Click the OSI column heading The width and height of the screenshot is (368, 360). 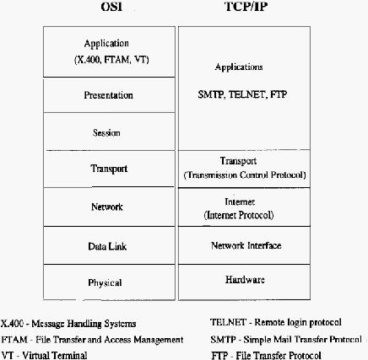click(x=111, y=7)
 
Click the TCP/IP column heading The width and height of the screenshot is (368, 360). click(x=246, y=7)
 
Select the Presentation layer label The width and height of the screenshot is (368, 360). click(x=108, y=95)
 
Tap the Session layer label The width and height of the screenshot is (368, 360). click(x=106, y=132)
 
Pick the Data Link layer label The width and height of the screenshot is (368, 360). click(x=107, y=246)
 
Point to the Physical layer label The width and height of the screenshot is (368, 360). click(x=105, y=282)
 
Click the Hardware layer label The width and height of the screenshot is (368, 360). click(x=245, y=280)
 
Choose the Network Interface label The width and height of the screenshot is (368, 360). click(x=246, y=245)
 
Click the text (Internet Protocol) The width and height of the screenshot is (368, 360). click(x=239, y=215)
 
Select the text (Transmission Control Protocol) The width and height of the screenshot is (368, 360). click(x=245, y=175)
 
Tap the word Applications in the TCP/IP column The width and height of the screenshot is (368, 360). click(x=239, y=67)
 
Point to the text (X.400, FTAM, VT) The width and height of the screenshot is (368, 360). click(x=111, y=60)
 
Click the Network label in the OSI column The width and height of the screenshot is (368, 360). click(x=107, y=207)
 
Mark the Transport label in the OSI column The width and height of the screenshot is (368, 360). click(x=109, y=169)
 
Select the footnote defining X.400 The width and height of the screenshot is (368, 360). click(x=68, y=324)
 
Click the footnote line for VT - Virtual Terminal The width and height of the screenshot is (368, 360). click(x=44, y=355)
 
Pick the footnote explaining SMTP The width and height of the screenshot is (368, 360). click(x=286, y=339)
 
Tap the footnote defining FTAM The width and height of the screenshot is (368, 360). click(x=92, y=340)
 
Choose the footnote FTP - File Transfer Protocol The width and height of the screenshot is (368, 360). click(x=266, y=355)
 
